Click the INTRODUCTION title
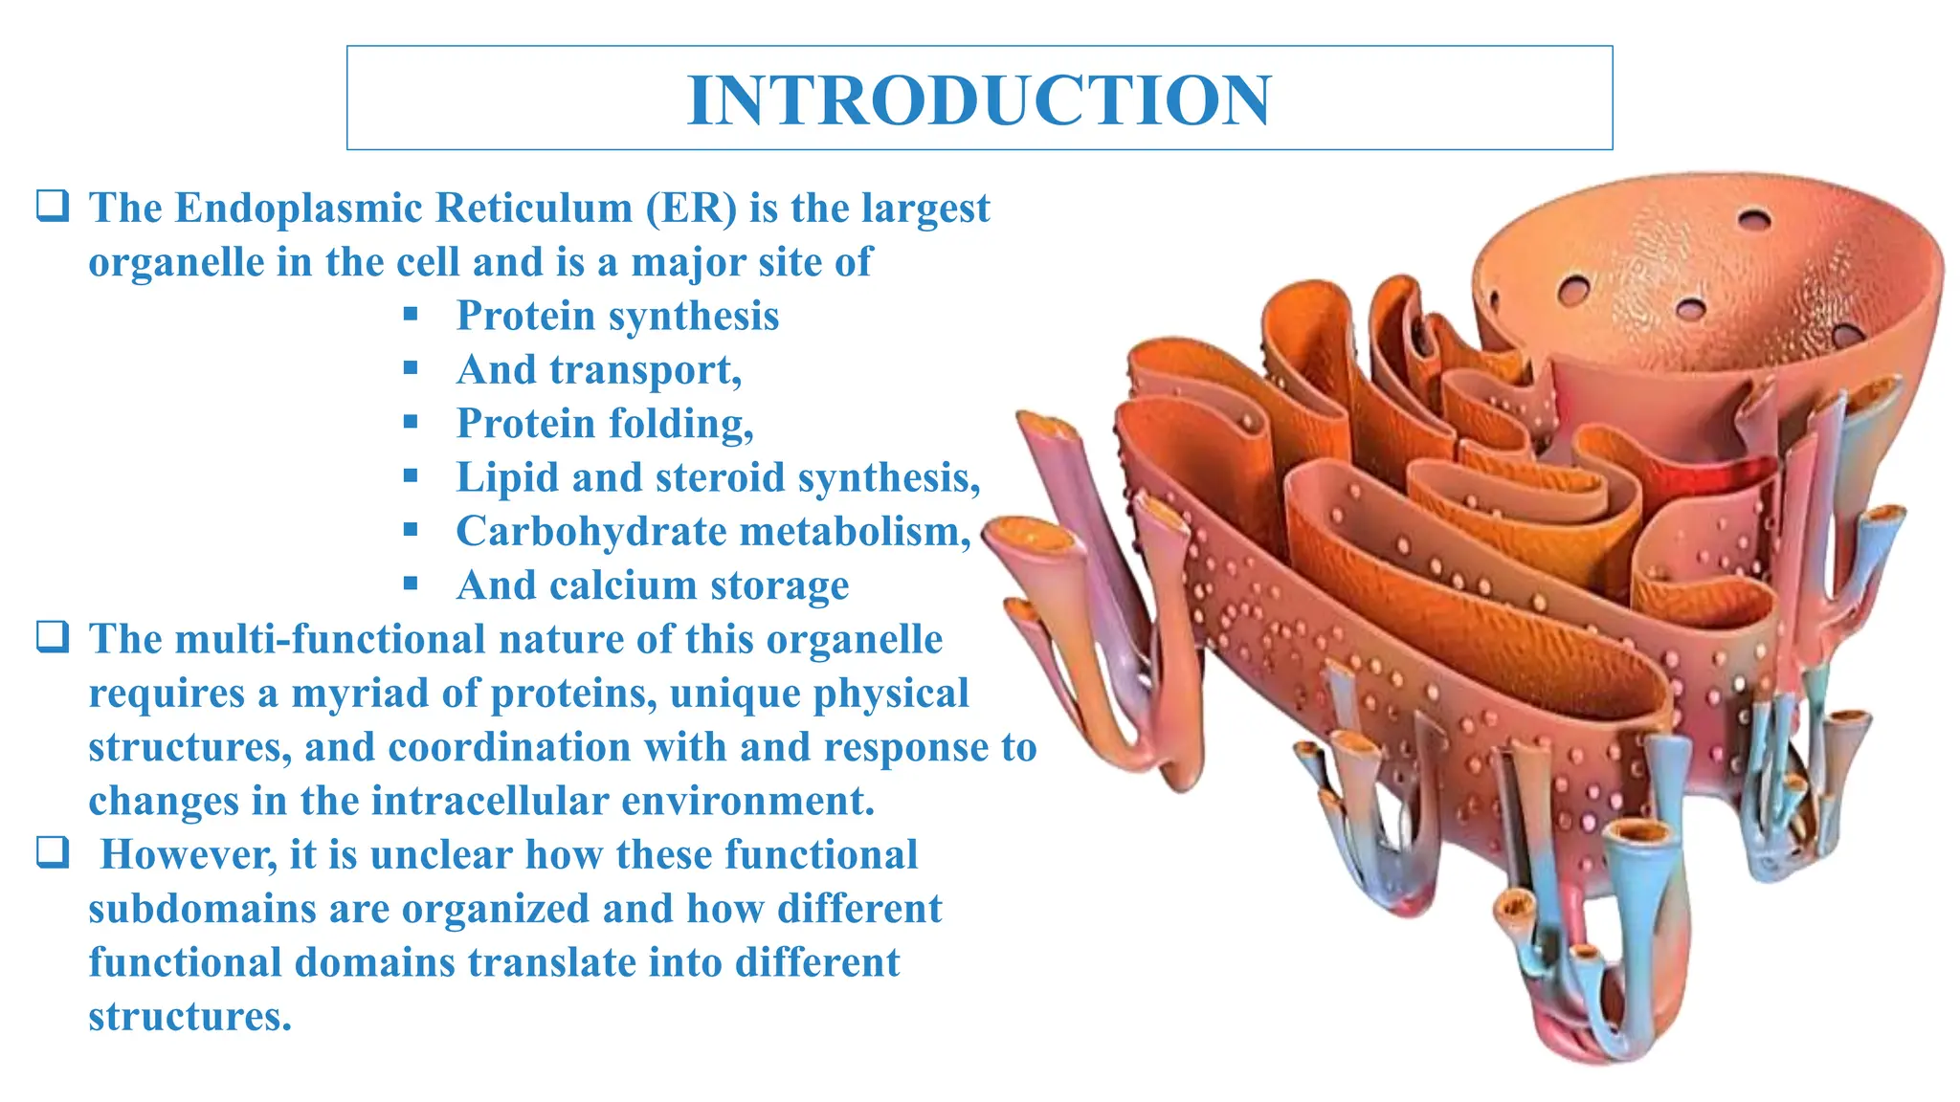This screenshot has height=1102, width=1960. click(979, 99)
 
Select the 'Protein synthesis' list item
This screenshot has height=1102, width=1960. click(617, 316)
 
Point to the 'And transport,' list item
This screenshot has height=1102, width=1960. click(599, 370)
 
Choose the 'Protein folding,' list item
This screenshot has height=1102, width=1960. click(605, 424)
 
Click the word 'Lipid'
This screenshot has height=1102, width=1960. click(507, 477)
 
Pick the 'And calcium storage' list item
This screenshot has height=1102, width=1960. click(653, 585)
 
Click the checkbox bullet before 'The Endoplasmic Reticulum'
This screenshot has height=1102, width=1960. click(53, 207)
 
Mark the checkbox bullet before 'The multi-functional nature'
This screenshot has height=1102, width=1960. click(53, 637)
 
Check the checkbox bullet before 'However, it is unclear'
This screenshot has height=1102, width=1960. click(53, 852)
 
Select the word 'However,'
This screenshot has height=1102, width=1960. click(189, 855)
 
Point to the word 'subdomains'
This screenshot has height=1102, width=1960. click(202, 909)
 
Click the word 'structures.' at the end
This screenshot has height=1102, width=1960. click(189, 1016)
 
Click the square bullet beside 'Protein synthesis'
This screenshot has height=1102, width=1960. click(411, 314)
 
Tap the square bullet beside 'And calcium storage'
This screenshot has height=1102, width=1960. click(411, 584)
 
